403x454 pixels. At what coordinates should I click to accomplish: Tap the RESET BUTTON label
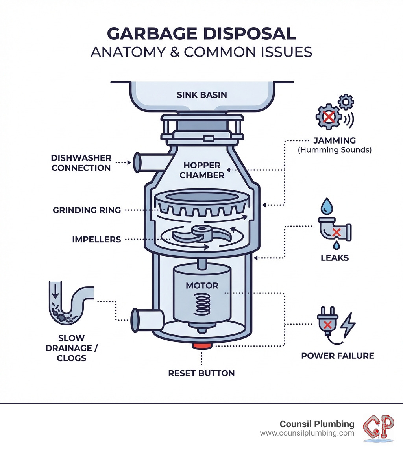pos(201,373)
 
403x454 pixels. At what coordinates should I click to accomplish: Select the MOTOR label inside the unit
pos(202,285)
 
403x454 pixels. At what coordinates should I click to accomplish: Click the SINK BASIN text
pos(202,95)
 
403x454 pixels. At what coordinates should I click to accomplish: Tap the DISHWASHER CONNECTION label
pos(81,163)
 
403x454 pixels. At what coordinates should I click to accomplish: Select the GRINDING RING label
pos(87,210)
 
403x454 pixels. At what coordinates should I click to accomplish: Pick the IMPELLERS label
pos(96,239)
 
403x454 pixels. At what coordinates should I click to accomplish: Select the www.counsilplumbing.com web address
pos(307,433)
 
